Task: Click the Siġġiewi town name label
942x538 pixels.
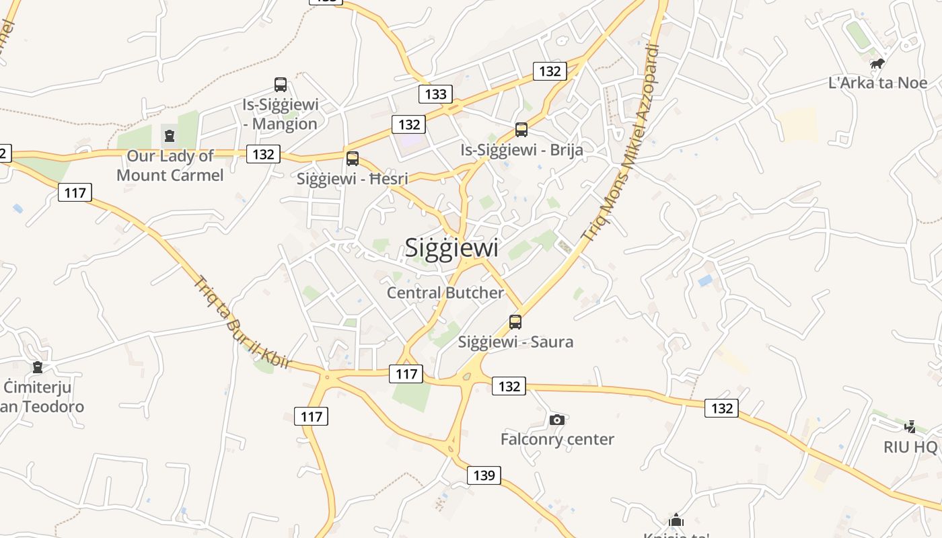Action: tap(451, 247)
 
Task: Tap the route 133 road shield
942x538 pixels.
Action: tap(435, 94)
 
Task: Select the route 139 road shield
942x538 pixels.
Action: tap(484, 475)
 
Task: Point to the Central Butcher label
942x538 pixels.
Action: tap(445, 293)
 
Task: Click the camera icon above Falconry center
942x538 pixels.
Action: tap(557, 420)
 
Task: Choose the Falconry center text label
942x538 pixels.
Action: tap(557, 439)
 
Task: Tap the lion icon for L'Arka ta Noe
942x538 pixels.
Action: tap(877, 64)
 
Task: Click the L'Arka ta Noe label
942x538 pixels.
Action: tap(877, 83)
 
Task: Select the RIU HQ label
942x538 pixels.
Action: tap(910, 447)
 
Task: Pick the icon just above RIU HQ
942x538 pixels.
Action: tap(910, 426)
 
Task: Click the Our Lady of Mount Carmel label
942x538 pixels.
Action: tap(170, 165)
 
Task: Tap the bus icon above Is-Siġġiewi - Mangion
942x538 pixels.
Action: tap(281, 85)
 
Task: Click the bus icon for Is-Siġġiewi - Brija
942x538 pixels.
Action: tap(521, 130)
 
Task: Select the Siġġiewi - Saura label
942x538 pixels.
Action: tap(515, 342)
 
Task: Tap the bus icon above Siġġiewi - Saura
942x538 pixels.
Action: tap(515, 322)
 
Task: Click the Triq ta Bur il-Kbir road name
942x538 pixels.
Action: tap(243, 322)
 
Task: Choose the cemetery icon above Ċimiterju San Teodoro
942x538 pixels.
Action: tap(38, 367)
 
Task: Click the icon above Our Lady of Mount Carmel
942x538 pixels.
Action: tap(169, 136)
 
